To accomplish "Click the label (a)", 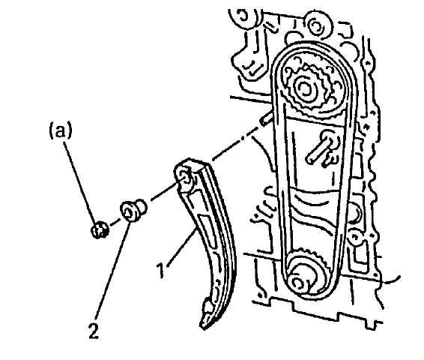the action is pyautogui.click(x=61, y=131).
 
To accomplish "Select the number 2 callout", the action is pyautogui.click(x=94, y=331).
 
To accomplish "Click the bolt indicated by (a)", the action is pyautogui.click(x=100, y=229).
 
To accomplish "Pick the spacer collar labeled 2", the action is pyautogui.click(x=133, y=210).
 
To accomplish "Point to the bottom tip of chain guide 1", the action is pyautogui.click(x=203, y=327).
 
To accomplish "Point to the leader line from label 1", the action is pyautogui.click(x=182, y=247).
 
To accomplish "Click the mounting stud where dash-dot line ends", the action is pyautogui.click(x=266, y=118).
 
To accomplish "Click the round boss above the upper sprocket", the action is pyautogui.click(x=316, y=25).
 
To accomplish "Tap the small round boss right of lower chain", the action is pyautogui.click(x=355, y=236).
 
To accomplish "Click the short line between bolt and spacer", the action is pyautogui.click(x=115, y=222).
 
